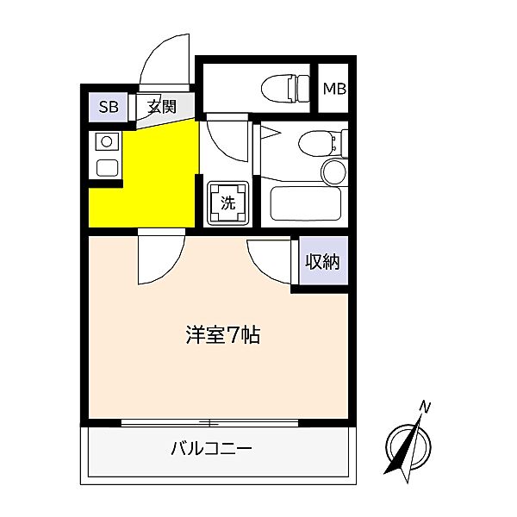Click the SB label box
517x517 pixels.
(109, 107)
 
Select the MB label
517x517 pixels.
(334, 87)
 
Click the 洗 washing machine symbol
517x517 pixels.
(228, 203)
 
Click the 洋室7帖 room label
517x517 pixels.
(222, 334)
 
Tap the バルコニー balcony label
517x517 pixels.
(210, 448)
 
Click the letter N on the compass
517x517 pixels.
(424, 406)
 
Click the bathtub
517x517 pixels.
(306, 203)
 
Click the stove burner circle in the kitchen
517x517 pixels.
(107, 141)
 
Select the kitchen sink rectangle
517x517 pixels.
(107, 167)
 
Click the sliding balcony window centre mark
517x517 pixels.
(211, 423)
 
